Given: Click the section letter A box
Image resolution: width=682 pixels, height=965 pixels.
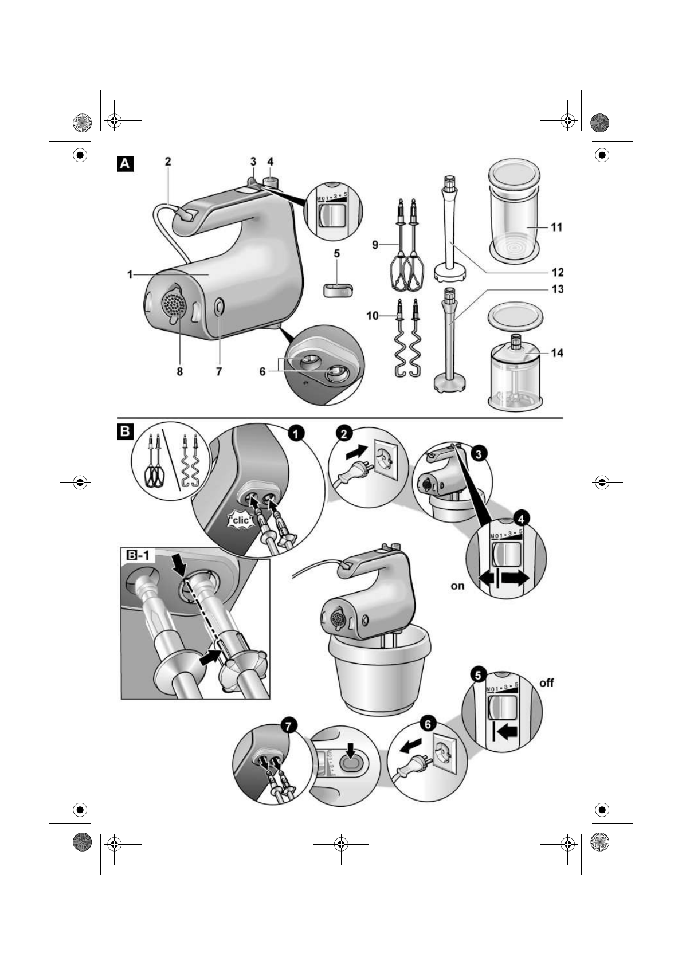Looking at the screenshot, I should (x=126, y=164).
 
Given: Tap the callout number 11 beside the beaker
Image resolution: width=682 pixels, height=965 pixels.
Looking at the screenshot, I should (x=556, y=227).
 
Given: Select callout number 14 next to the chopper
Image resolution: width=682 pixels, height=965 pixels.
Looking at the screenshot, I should (x=556, y=353).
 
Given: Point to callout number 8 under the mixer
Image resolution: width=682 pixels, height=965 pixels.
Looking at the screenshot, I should (x=179, y=372).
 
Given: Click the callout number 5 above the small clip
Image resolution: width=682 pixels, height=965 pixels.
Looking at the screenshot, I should (x=336, y=253).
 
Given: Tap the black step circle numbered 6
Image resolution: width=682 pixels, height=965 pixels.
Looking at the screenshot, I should (x=427, y=723).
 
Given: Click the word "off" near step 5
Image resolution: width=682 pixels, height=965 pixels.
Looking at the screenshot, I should (x=547, y=683).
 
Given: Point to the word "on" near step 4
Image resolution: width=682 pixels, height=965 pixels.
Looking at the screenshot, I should (x=457, y=586).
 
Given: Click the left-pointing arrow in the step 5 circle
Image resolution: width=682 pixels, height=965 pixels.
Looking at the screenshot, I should (x=507, y=731).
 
